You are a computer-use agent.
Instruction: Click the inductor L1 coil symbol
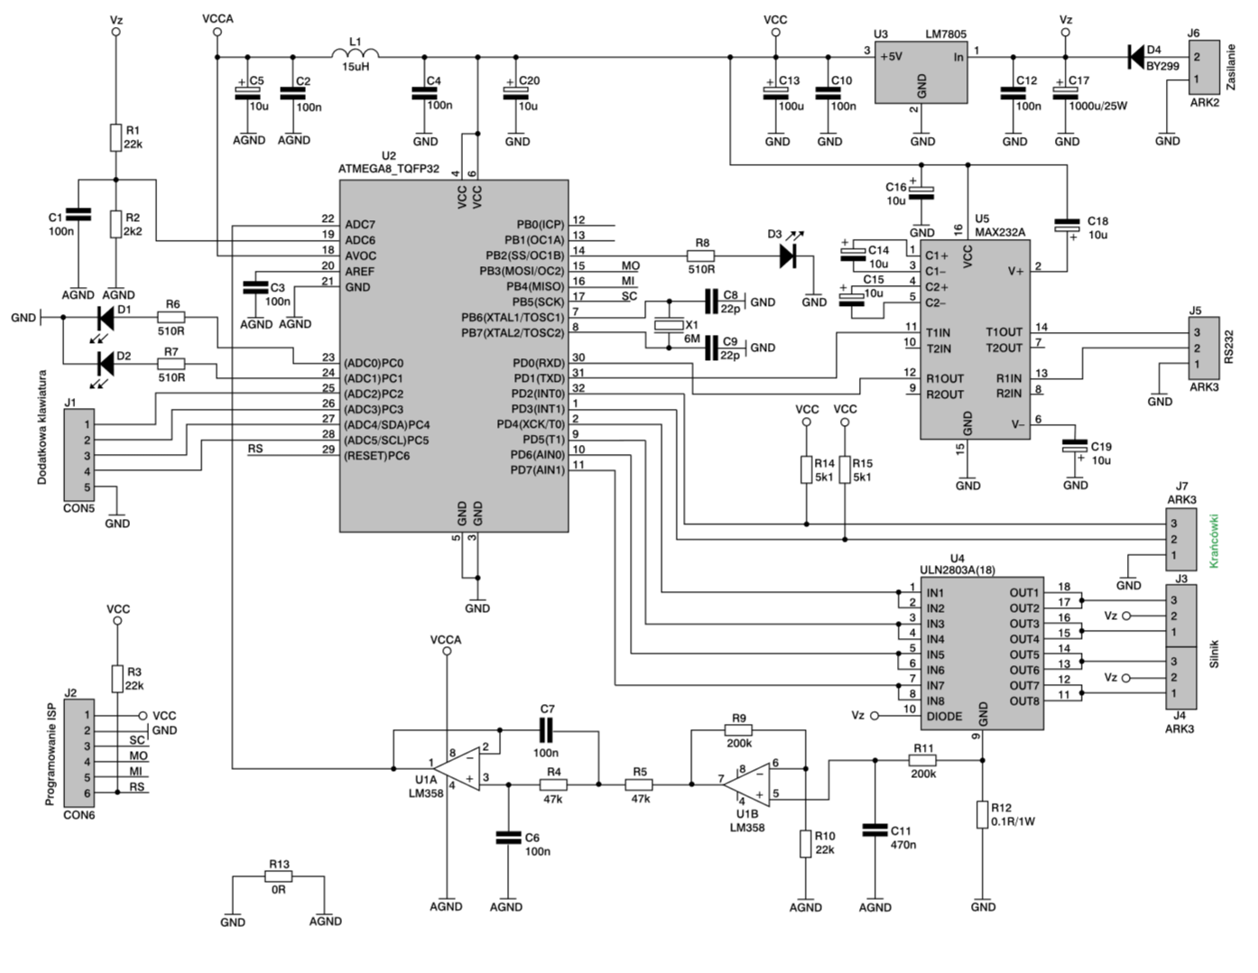356,53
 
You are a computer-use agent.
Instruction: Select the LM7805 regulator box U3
920,72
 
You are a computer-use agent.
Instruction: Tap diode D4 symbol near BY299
1136,57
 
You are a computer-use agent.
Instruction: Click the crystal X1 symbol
669,325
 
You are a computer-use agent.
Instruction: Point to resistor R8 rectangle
700,255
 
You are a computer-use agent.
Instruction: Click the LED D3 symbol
788,255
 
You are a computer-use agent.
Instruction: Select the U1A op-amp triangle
458,769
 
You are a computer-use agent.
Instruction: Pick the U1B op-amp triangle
747,785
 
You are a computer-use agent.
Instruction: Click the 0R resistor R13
279,876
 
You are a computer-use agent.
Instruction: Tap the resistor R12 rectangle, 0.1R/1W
982,814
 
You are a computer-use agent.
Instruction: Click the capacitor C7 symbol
545,730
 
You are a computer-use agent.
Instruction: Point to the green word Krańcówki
1214,541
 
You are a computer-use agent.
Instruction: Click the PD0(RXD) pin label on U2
539,363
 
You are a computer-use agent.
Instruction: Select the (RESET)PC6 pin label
377,456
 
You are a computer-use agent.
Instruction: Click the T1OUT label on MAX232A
1004,332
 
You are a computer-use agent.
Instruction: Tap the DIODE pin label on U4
944,717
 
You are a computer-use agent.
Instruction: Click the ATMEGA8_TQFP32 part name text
389,169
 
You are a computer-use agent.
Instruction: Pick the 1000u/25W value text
1098,106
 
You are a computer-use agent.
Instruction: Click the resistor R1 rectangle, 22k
116,137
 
